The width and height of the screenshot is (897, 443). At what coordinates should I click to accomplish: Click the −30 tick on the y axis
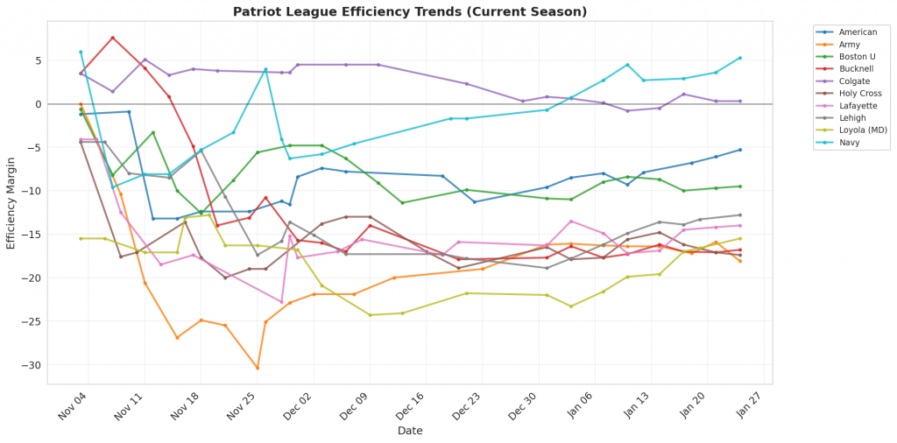[x=32, y=365]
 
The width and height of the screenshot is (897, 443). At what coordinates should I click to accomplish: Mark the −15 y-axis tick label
[x=32, y=235]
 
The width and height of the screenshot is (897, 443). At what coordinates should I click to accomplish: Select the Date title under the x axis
[x=410, y=431]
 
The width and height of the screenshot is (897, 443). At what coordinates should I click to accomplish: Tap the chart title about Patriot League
[x=410, y=12]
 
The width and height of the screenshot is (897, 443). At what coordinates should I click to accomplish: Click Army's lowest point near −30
[x=258, y=368]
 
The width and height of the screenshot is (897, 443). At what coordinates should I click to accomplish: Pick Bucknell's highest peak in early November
[x=113, y=38]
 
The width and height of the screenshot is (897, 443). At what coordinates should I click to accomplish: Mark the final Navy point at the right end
[x=740, y=58]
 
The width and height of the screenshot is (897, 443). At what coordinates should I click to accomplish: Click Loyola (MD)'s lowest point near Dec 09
[x=370, y=315]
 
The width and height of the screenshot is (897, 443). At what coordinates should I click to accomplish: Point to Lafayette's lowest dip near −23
[x=282, y=302]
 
